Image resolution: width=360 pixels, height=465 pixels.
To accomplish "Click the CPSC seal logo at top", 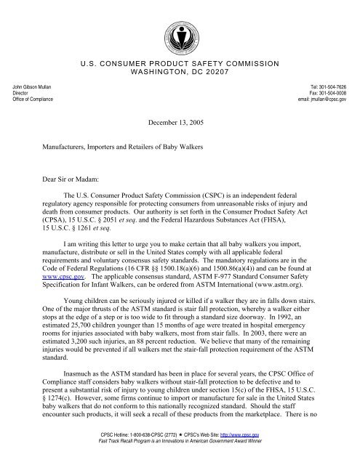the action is [180, 27].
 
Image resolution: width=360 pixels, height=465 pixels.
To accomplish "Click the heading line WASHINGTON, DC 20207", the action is [179, 75].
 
